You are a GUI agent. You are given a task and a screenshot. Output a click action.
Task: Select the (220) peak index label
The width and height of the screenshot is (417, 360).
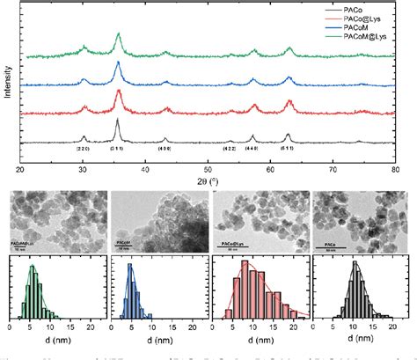[x=84, y=151]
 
